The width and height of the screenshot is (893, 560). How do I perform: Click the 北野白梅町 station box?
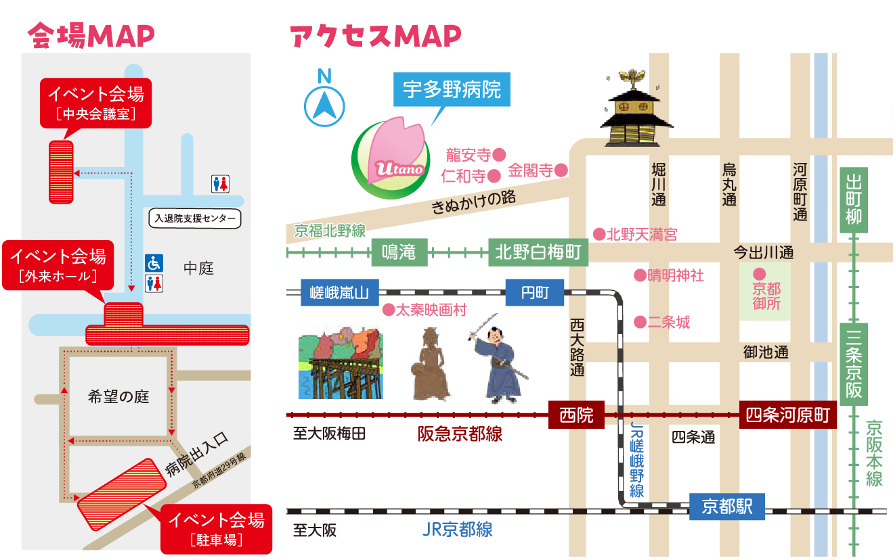pyautogui.click(x=538, y=254)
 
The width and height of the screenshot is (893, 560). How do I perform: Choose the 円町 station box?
pyautogui.click(x=534, y=294)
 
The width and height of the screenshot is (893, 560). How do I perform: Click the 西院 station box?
pyautogui.click(x=576, y=415)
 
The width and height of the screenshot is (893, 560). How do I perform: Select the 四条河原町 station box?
pyautogui.click(x=787, y=415)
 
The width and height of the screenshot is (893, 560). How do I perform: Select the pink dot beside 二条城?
pyautogui.click(x=639, y=323)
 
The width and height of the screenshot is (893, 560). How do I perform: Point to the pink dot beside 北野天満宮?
pyautogui.click(x=598, y=235)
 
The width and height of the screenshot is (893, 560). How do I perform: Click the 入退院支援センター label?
pyautogui.click(x=195, y=218)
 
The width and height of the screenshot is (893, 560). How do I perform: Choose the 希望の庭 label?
pyautogui.click(x=118, y=397)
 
